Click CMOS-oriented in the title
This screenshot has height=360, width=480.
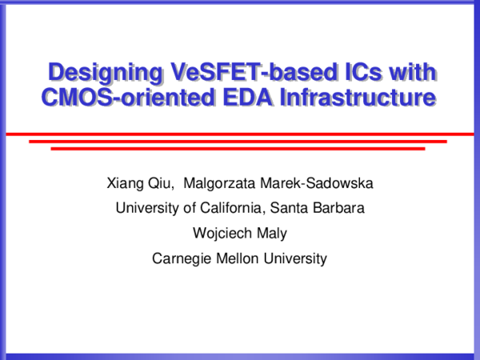(122, 98)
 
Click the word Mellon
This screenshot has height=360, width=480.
(238, 258)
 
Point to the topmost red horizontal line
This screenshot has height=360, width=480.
(240, 134)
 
